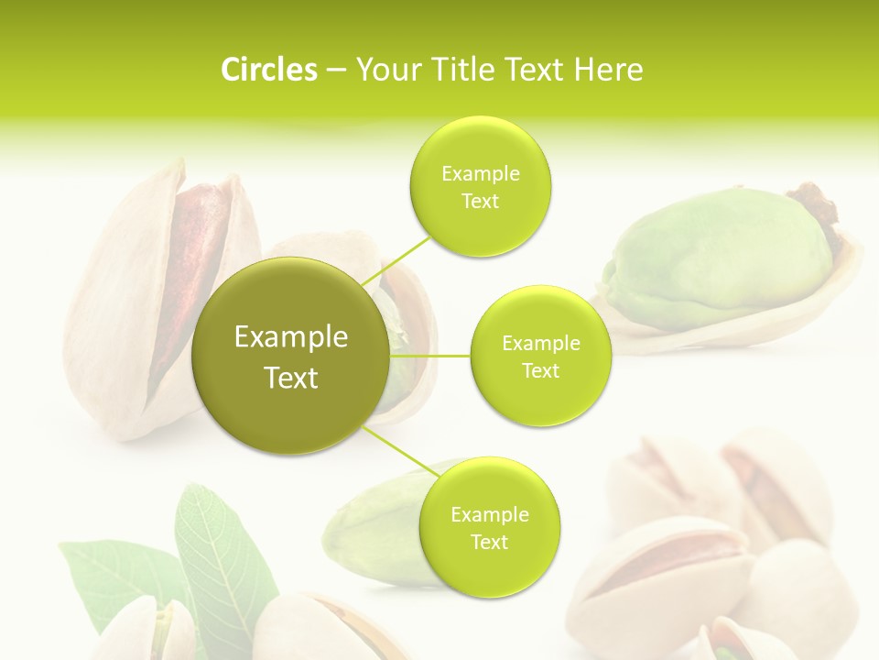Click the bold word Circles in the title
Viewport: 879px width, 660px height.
click(268, 69)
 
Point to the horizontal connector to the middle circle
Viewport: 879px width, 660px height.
click(430, 356)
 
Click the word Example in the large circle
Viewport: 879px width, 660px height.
click(291, 337)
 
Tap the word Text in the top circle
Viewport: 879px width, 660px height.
click(481, 202)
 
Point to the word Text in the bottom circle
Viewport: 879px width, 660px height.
click(489, 542)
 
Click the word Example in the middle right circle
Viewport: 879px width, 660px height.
click(541, 344)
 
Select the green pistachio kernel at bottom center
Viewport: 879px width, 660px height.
click(375, 527)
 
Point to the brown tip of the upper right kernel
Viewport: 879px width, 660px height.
click(817, 206)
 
